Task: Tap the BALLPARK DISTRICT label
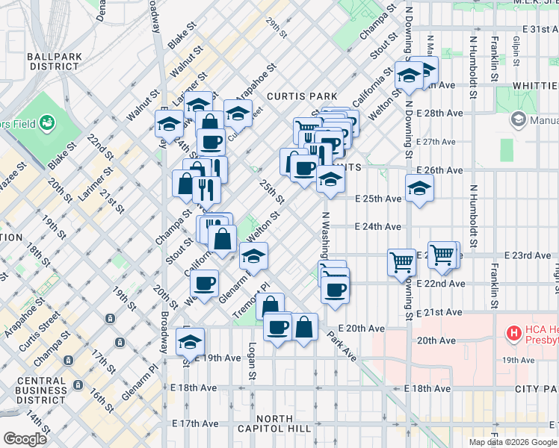pos(52,61)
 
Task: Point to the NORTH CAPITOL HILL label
pos(283,428)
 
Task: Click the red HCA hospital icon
pos(513,332)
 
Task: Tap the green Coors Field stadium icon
pos(47,121)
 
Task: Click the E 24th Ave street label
pos(377,227)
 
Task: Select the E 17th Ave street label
pos(194,423)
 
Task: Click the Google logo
pos(25,439)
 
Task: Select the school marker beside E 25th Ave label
pos(419,189)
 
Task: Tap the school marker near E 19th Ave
pos(191,342)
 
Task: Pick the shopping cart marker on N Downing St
pos(402,262)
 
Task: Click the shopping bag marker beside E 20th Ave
pos(304,327)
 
